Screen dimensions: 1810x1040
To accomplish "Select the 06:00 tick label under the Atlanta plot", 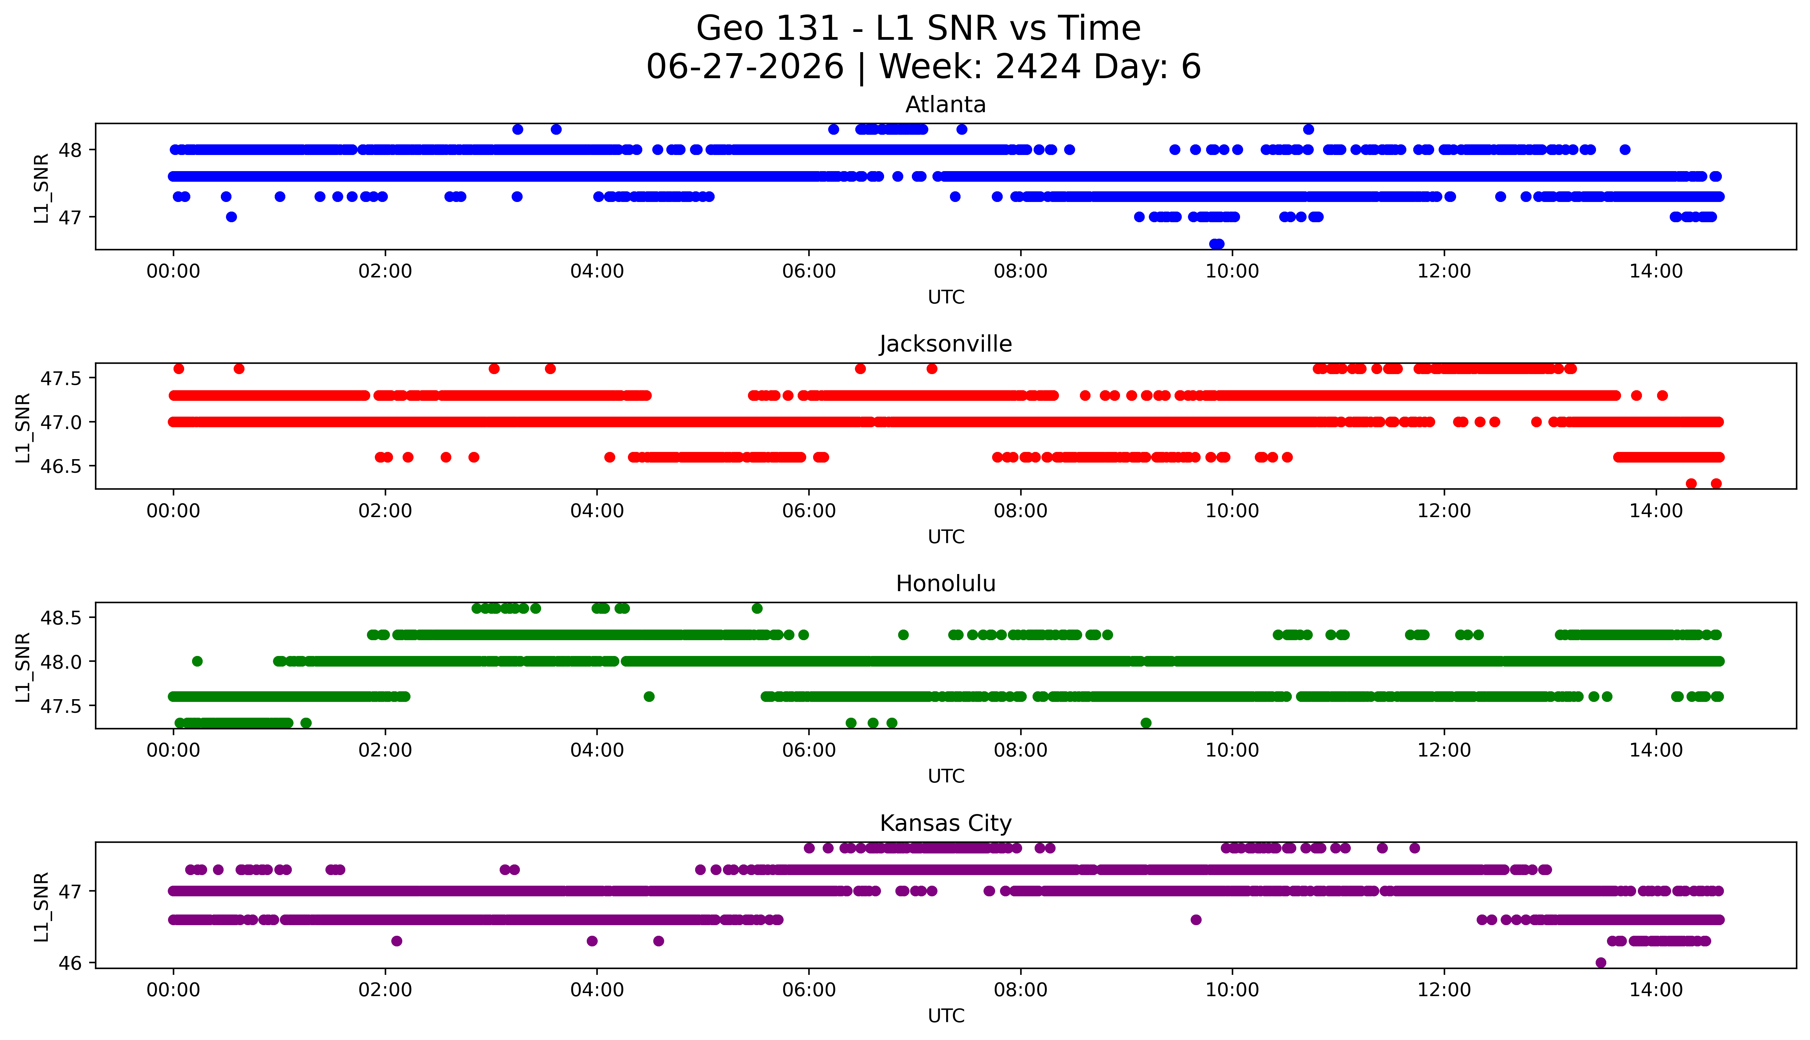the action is [809, 272].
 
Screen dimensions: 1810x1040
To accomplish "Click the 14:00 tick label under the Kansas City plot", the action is [1656, 990].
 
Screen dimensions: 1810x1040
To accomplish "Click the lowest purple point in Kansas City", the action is [1601, 962].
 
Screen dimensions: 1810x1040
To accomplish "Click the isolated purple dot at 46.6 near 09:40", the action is [1196, 919].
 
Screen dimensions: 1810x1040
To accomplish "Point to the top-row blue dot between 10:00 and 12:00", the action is [1308, 129].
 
